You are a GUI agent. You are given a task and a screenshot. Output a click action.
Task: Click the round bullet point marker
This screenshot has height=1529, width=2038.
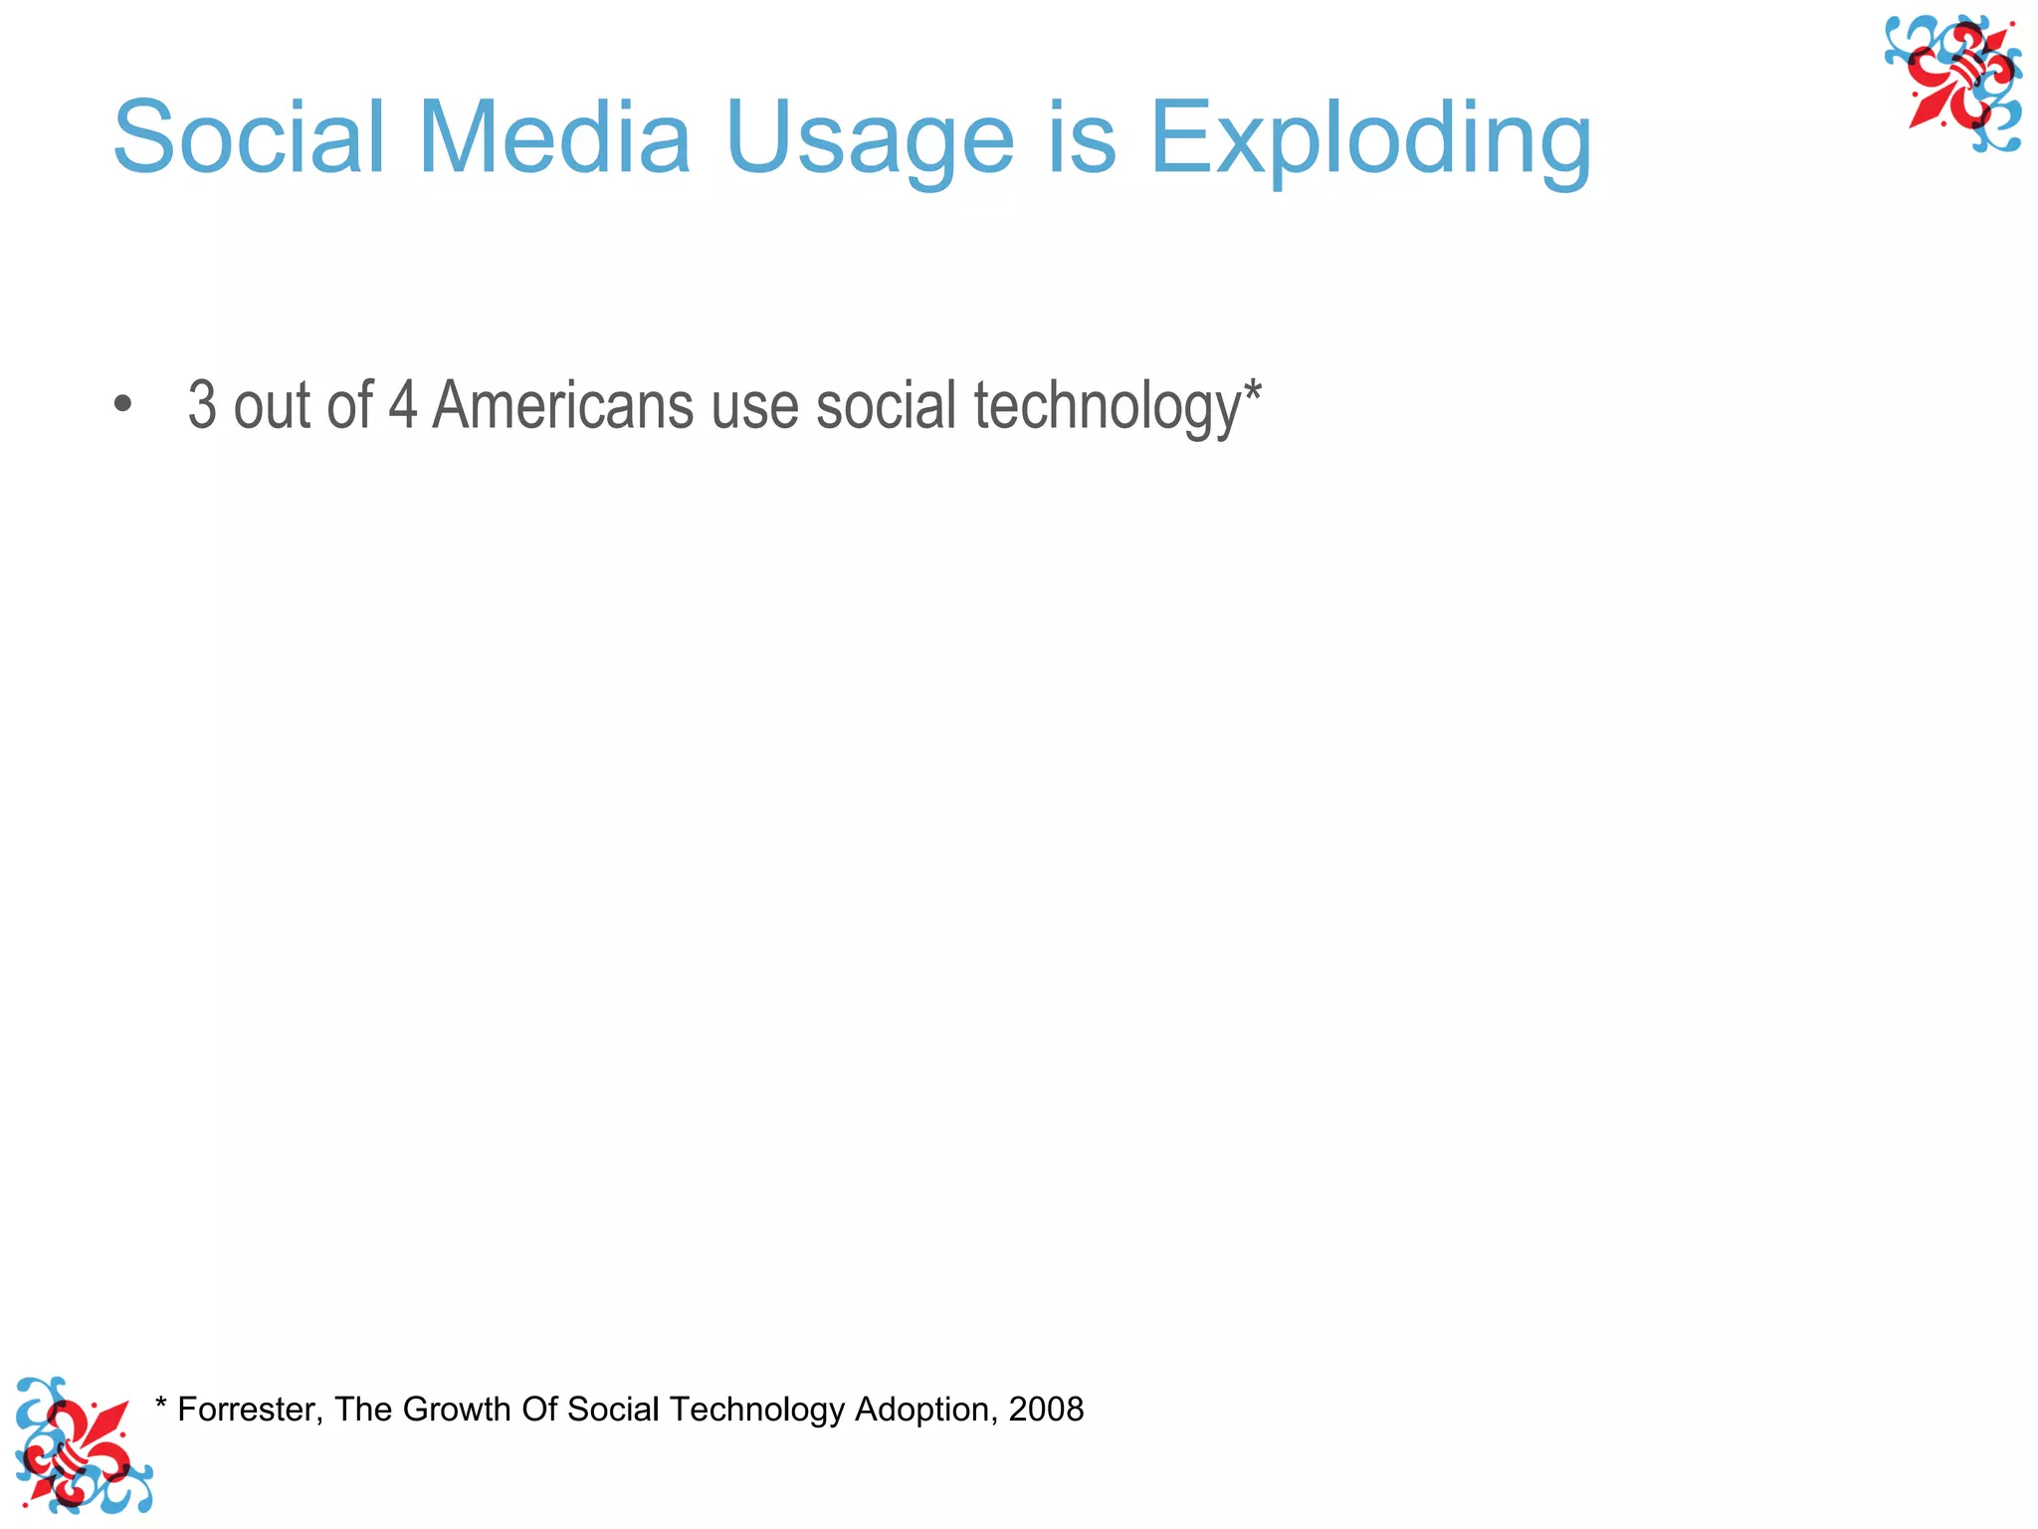[x=122, y=404]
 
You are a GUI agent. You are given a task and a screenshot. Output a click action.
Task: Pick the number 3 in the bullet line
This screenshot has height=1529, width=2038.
[x=202, y=405]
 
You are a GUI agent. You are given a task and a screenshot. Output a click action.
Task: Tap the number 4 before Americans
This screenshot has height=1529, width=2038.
[x=402, y=405]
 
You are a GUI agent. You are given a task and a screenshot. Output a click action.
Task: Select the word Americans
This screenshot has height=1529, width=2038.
[x=562, y=405]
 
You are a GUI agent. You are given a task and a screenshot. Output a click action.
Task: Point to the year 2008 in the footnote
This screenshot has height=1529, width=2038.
[x=1046, y=1410]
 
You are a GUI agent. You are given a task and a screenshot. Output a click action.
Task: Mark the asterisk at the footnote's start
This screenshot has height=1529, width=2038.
[x=161, y=1404]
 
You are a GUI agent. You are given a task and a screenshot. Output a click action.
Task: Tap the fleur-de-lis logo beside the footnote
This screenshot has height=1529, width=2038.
[x=82, y=1445]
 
